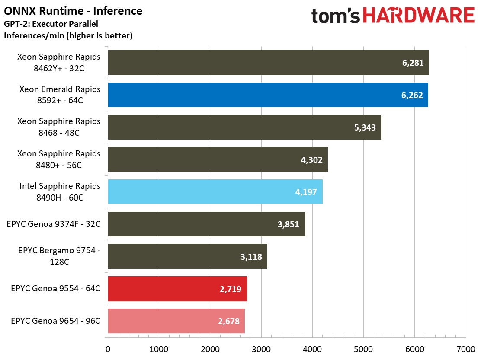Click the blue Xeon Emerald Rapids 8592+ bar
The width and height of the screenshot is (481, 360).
click(268, 95)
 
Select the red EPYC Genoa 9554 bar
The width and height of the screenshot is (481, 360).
click(177, 289)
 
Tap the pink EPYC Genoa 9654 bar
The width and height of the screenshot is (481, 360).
click(176, 321)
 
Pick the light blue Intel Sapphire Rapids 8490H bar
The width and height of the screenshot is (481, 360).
click(215, 192)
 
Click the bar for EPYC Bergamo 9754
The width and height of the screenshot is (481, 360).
click(187, 256)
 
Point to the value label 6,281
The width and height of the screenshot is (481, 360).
click(413, 63)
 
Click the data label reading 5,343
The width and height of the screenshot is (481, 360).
click(365, 127)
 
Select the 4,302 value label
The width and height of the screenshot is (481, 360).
click(312, 160)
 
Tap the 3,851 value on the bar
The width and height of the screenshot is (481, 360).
click(289, 224)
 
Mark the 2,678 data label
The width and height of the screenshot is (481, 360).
click(228, 321)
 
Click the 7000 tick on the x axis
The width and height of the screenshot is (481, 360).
click(466, 349)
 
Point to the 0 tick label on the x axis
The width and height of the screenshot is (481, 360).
click(108, 349)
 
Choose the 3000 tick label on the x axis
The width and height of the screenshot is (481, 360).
click(261, 349)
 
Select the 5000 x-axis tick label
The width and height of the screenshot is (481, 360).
click(363, 349)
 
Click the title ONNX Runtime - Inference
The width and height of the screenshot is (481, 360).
click(73, 11)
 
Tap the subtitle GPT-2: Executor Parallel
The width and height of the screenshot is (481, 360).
click(51, 24)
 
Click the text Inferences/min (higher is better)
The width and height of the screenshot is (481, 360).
click(68, 35)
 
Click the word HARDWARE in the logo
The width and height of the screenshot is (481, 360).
click(419, 15)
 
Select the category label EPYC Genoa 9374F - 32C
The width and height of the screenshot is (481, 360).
click(54, 224)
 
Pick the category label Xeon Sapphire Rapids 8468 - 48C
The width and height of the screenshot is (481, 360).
click(59, 127)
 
